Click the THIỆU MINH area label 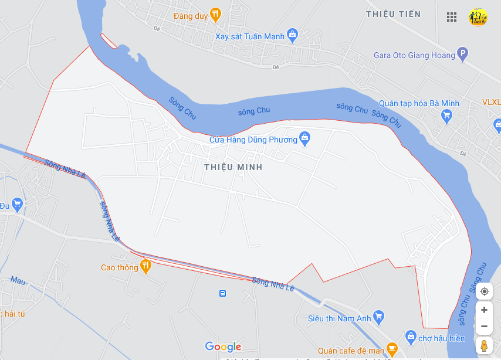coord(233,167)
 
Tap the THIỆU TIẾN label coord(393,14)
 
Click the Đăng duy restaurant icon coord(215,15)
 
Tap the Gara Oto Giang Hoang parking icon coord(462,55)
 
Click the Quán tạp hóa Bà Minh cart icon coord(447,116)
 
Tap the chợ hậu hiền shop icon coord(411,338)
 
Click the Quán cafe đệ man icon coord(392,351)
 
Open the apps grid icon coord(451,17)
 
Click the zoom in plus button coord(484,310)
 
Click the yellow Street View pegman coord(484,346)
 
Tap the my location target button coord(484,291)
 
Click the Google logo coord(223,347)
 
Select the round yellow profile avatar coord(478,17)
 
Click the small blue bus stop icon coord(222,293)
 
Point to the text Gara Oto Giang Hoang coord(414,55)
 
